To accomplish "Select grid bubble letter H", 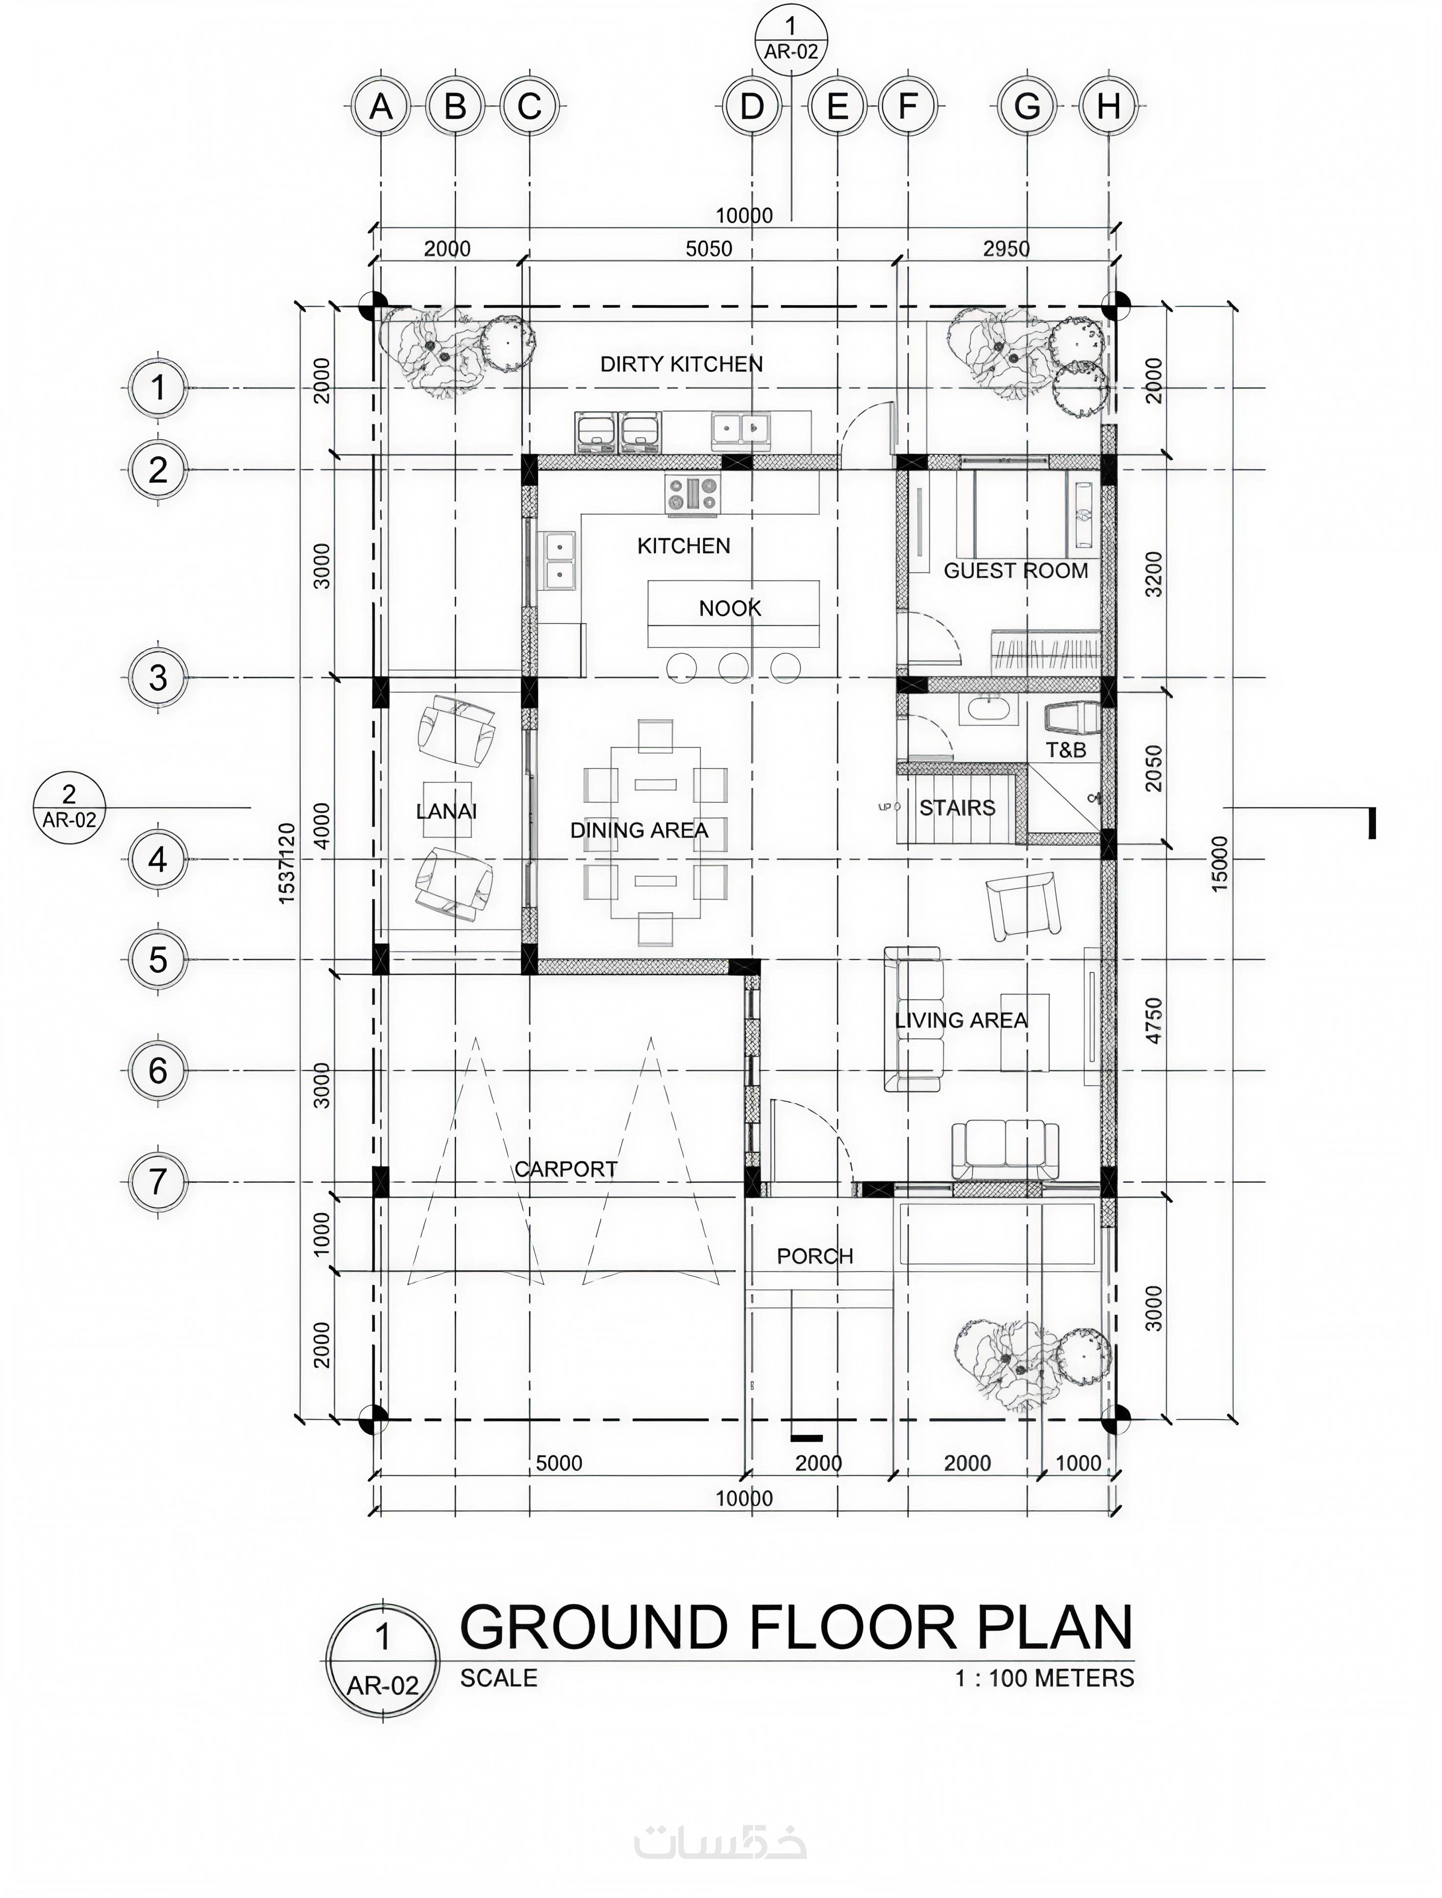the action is (1109, 106).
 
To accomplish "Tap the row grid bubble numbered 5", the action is (158, 959).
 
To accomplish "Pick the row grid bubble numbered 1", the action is (158, 388).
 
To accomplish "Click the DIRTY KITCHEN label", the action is (681, 364).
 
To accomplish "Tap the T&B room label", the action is (1066, 750).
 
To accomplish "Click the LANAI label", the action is (446, 811).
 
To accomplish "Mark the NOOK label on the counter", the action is (730, 608).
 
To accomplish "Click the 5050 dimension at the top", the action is (709, 249).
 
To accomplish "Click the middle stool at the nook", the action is (733, 667).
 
